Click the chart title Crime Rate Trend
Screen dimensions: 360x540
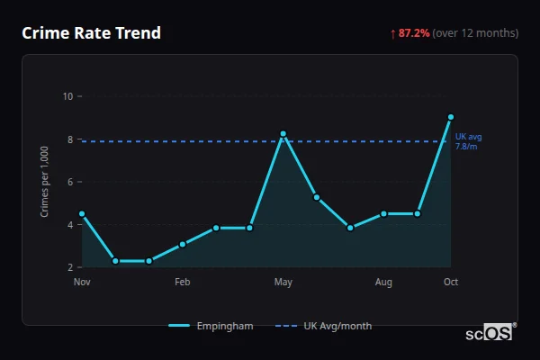coord(91,33)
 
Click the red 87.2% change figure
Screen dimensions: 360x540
coord(410,33)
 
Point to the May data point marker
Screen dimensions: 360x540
coord(283,134)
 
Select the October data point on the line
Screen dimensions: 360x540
coord(451,117)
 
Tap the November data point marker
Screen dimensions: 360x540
coord(82,214)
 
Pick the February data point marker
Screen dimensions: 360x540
coord(183,244)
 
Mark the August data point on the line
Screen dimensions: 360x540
coord(383,214)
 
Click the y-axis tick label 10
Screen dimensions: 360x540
coord(67,96)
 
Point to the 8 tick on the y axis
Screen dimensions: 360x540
coord(70,139)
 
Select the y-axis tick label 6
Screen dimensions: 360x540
coord(70,182)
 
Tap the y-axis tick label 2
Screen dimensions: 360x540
coord(70,267)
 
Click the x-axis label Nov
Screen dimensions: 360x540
coord(82,283)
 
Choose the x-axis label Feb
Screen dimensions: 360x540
coord(183,283)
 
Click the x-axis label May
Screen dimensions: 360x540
coord(283,283)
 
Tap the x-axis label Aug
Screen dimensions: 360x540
coord(383,283)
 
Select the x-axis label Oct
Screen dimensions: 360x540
coord(451,283)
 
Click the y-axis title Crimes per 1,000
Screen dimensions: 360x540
coord(45,182)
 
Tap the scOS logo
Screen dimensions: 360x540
coord(489,333)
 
